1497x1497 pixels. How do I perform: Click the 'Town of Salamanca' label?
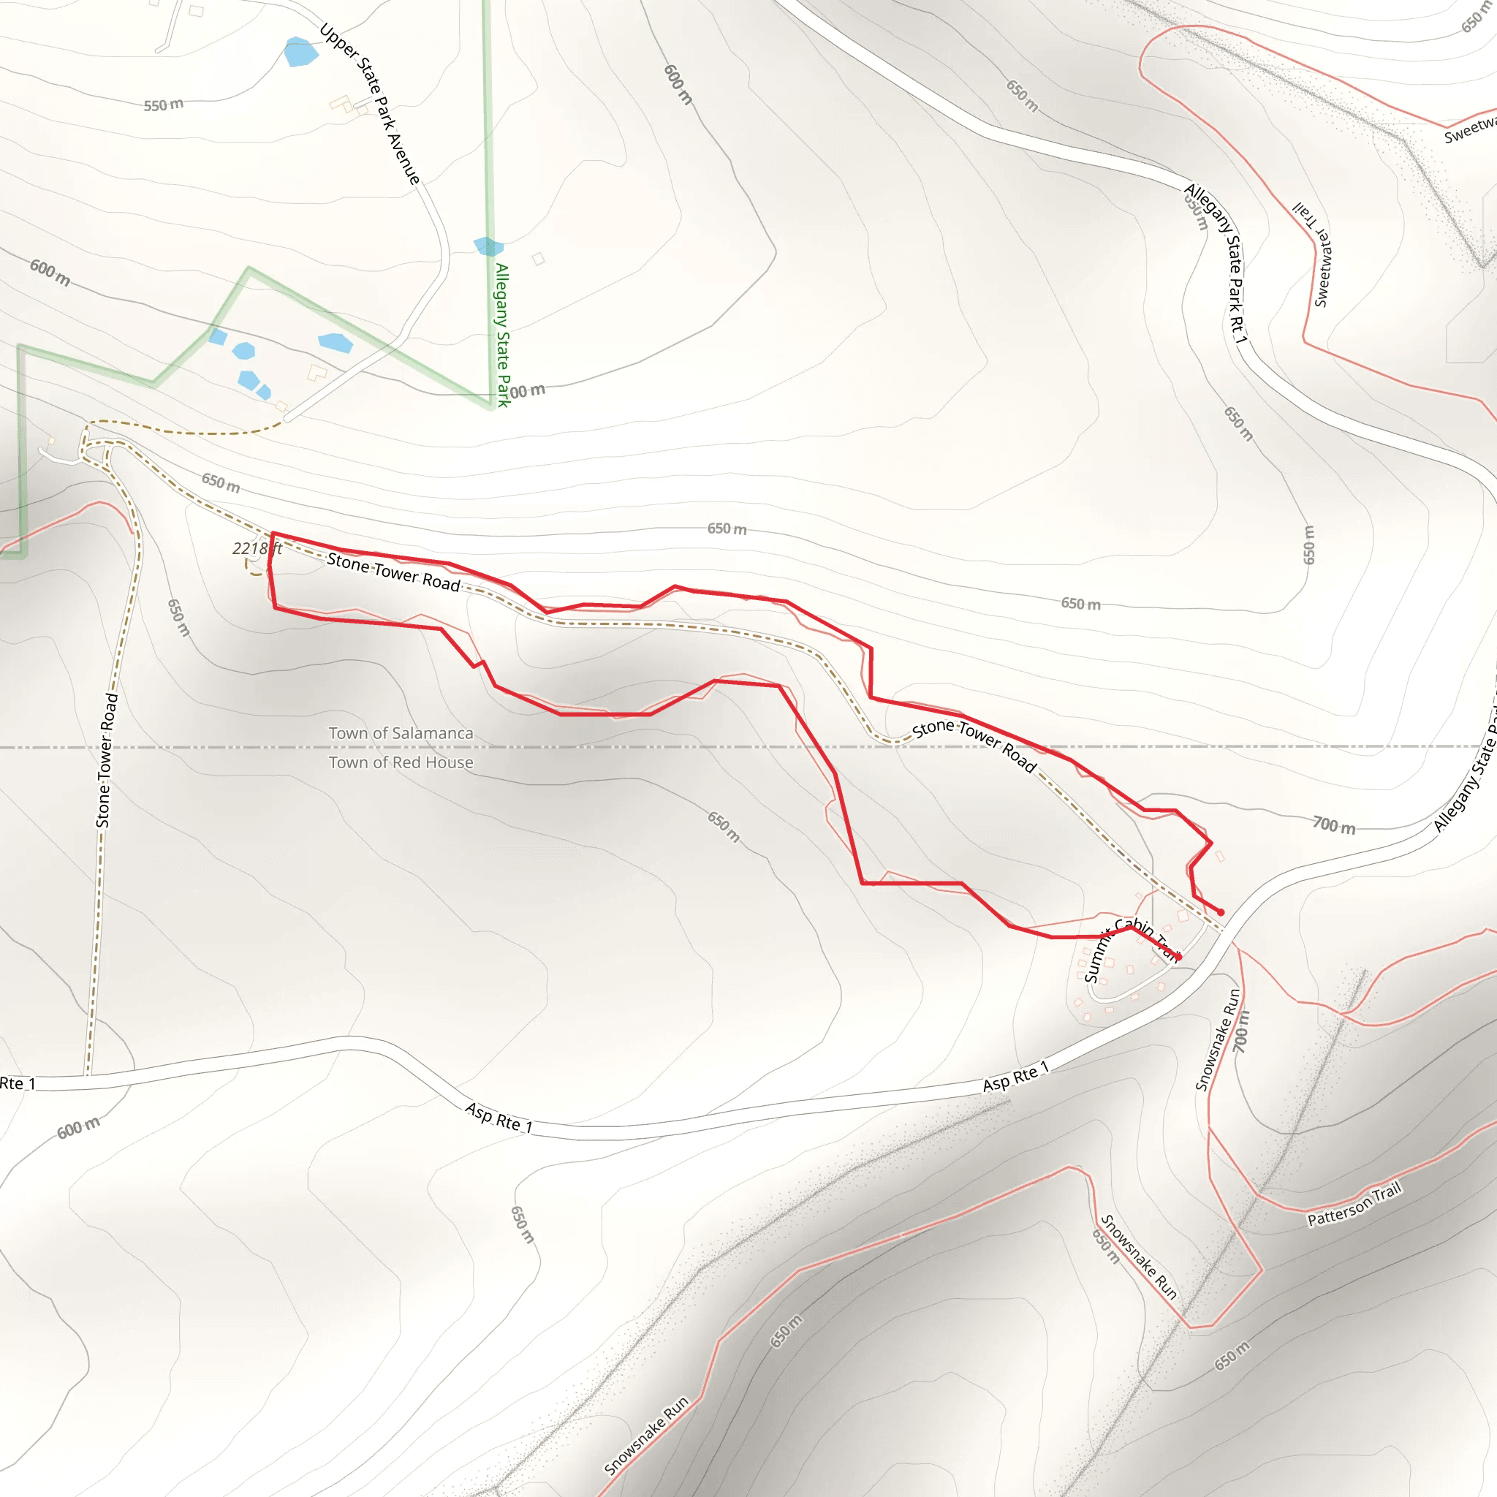[x=401, y=733]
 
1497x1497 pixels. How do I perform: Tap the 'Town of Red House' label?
[x=401, y=762]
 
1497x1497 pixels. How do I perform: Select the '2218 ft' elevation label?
[x=257, y=549]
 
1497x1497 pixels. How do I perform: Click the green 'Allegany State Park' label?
[x=503, y=335]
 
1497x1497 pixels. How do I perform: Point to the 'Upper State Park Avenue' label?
[x=371, y=104]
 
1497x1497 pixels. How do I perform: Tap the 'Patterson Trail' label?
[x=1354, y=1204]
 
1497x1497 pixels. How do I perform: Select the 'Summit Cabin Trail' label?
[x=1132, y=947]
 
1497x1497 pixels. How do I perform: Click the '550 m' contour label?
[x=164, y=105]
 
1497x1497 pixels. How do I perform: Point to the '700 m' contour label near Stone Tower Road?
[x=1334, y=825]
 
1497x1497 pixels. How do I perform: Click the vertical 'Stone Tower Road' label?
[x=107, y=760]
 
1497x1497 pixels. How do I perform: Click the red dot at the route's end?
[x=1221, y=912]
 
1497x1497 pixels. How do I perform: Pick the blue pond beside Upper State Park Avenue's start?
[x=300, y=52]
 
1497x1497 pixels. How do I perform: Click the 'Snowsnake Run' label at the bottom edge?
[x=646, y=1435]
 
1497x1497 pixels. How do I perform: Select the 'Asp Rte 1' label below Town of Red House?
[x=499, y=1118]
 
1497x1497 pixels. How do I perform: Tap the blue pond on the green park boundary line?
[x=488, y=246]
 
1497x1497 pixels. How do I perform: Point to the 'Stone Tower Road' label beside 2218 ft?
[x=394, y=571]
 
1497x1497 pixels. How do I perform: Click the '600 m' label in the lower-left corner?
[x=78, y=1127]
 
